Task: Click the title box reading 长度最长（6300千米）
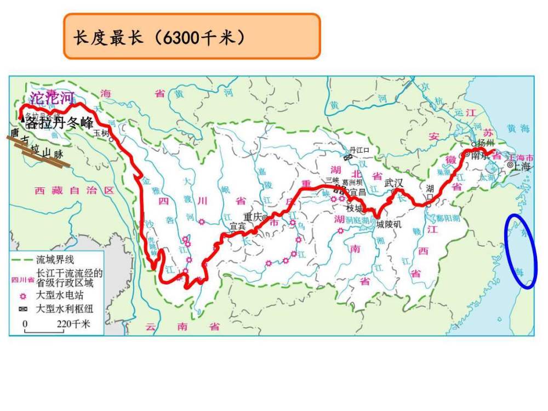191,37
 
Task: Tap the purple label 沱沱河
52,99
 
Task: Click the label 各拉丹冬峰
60,123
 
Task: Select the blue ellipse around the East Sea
520,251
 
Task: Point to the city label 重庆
254,216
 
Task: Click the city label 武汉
393,182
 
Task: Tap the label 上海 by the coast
523,167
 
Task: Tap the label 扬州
485,144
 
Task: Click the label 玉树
101,133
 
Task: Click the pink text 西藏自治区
74,191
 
